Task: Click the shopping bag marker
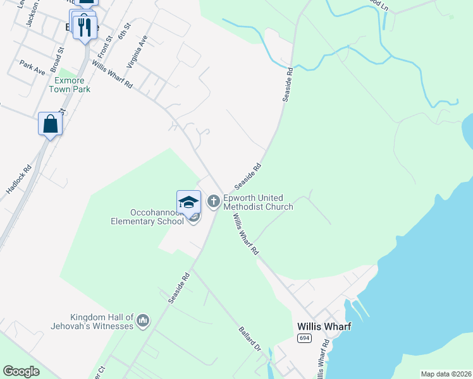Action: pos(51,124)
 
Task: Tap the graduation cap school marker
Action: pos(188,202)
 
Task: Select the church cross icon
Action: pos(214,202)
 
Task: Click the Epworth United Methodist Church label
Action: pos(257,202)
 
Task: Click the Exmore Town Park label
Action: pos(70,85)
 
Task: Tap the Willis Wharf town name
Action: pos(324,327)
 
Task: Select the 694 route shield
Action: pos(304,339)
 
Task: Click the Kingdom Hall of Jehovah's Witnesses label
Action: pos(92,322)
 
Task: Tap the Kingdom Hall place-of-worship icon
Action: pos(144,322)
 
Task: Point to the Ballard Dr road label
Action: pos(250,339)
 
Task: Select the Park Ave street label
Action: pos(32,68)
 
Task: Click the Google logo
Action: pos(21,371)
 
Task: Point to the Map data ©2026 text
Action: pos(446,374)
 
